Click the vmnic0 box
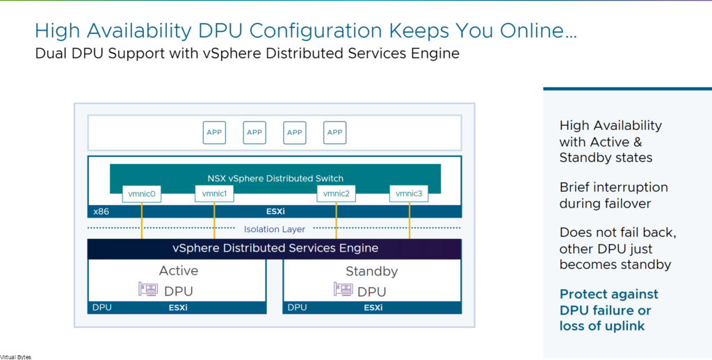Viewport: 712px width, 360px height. tap(142, 194)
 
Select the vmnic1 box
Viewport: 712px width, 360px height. tap(214, 194)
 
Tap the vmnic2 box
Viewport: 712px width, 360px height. tap(336, 194)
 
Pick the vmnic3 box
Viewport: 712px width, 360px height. tap(409, 194)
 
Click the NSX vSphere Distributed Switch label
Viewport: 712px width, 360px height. tap(275, 179)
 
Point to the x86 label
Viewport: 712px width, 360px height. tap(101, 211)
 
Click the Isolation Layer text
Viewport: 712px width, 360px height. tap(274, 229)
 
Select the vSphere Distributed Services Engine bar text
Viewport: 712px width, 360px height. tap(275, 248)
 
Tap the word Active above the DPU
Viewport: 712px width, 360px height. tap(179, 271)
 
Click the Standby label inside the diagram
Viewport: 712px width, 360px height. tap(371, 272)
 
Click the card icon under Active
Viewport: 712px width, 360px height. tap(148, 290)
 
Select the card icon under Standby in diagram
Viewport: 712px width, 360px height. tap(343, 290)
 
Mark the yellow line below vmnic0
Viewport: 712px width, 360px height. tap(142, 220)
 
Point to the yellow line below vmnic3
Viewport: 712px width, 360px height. tap(410, 220)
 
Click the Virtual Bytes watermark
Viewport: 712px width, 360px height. tap(16, 357)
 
